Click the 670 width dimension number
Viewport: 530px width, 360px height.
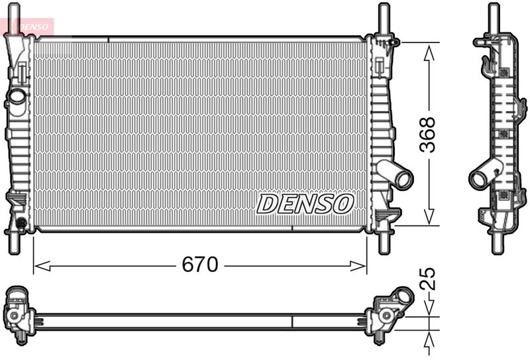click(200, 265)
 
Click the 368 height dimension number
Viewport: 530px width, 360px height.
click(427, 135)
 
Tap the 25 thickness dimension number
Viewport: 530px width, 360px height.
click(427, 279)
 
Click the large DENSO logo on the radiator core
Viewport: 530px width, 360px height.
click(305, 204)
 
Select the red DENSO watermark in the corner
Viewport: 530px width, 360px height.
click(34, 27)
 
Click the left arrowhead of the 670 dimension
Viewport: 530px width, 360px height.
click(42, 266)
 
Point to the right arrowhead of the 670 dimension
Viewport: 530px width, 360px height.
click(358, 266)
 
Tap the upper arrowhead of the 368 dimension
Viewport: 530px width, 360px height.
click(429, 54)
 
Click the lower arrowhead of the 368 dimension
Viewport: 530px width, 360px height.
click(429, 217)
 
